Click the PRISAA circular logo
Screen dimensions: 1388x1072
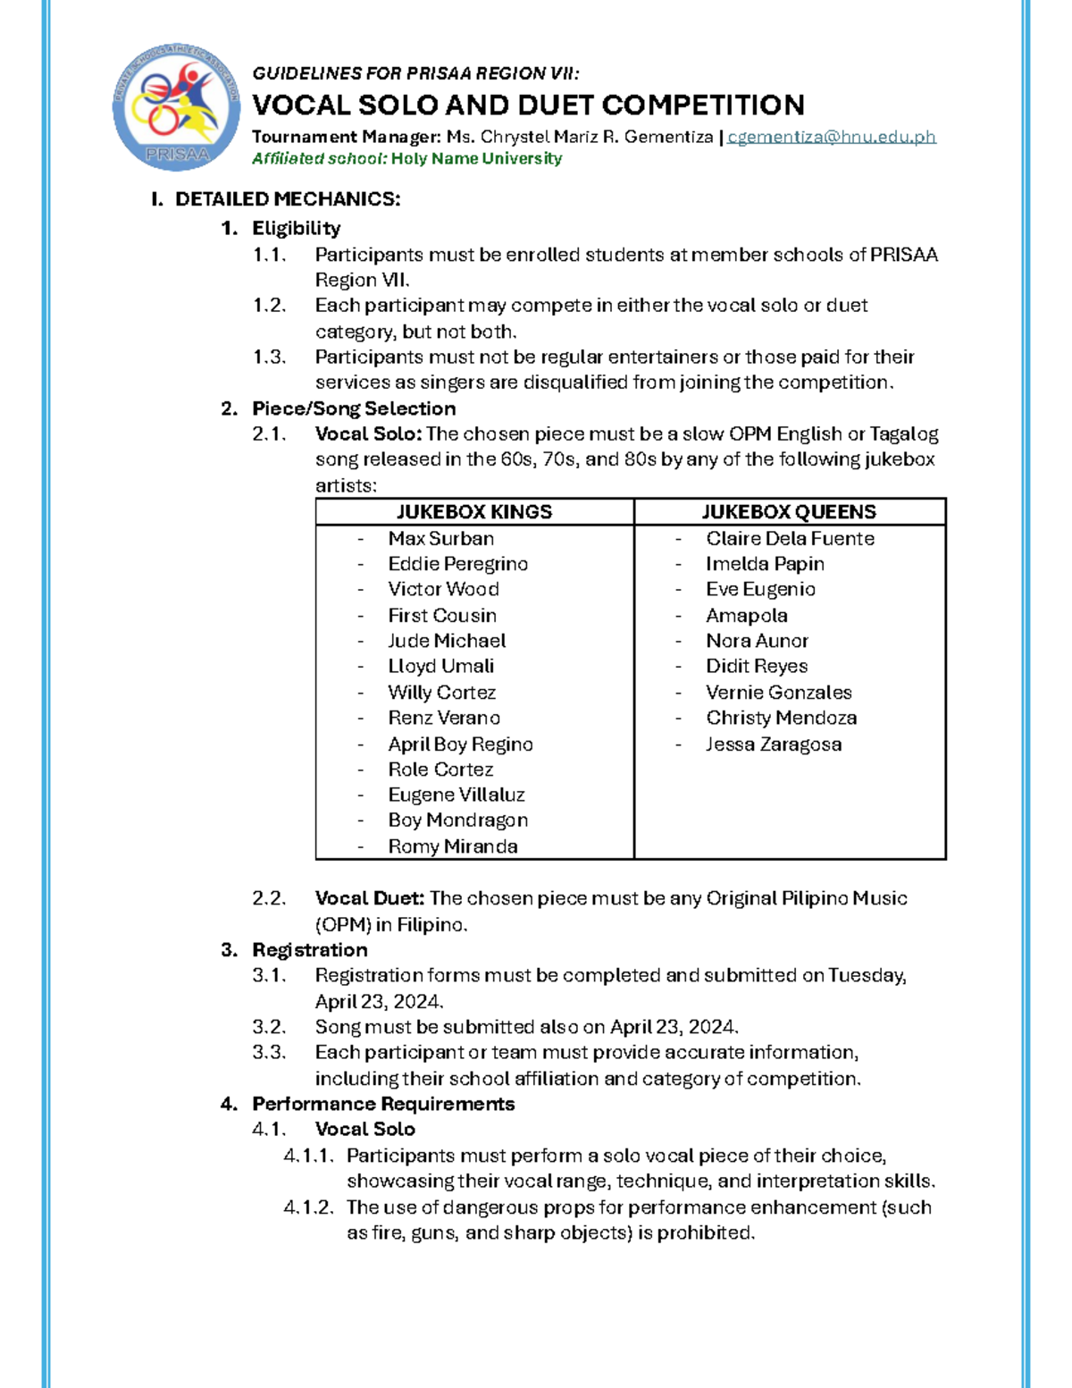(x=176, y=108)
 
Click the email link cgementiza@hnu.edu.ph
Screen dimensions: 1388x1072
(x=832, y=137)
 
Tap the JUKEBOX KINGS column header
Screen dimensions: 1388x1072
(x=474, y=512)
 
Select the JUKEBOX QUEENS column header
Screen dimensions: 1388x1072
(x=789, y=512)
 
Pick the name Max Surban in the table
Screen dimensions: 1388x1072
(x=440, y=539)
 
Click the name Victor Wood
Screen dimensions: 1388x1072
(x=443, y=590)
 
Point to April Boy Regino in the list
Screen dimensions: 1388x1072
(x=460, y=744)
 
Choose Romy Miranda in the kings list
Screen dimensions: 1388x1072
(x=452, y=846)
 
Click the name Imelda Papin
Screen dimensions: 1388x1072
(x=765, y=564)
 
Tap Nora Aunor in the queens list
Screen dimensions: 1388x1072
(x=757, y=641)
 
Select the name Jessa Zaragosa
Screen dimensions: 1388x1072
(x=774, y=744)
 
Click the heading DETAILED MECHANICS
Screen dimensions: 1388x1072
(x=288, y=199)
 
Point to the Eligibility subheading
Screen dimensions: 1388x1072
(x=296, y=228)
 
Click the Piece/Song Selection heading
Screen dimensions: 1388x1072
(x=354, y=408)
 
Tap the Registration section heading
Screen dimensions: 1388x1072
(x=309, y=950)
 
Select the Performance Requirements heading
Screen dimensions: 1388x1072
(x=383, y=1104)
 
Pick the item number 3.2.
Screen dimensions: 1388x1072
(x=269, y=1027)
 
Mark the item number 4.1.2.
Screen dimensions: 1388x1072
(x=308, y=1207)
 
